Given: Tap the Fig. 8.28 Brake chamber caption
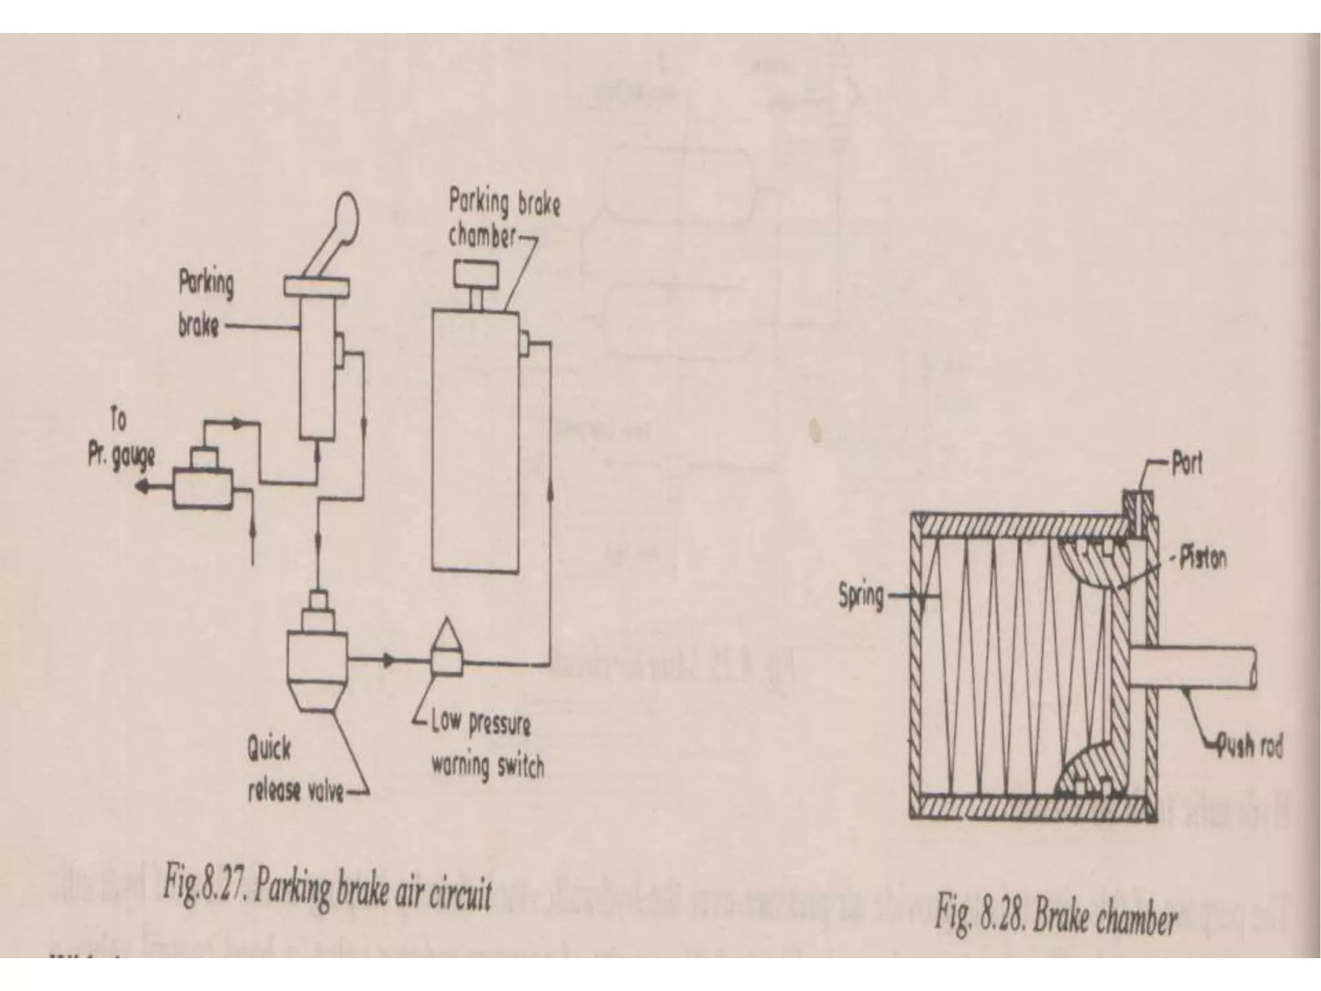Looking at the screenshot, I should [x=1056, y=914].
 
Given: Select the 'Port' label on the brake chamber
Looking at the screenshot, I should [x=1187, y=464].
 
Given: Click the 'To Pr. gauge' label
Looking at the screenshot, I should [x=122, y=443].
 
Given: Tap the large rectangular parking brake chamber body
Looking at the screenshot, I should [x=475, y=439].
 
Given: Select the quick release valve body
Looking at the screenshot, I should [x=315, y=658].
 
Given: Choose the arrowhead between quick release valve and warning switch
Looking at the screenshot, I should [x=388, y=660].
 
